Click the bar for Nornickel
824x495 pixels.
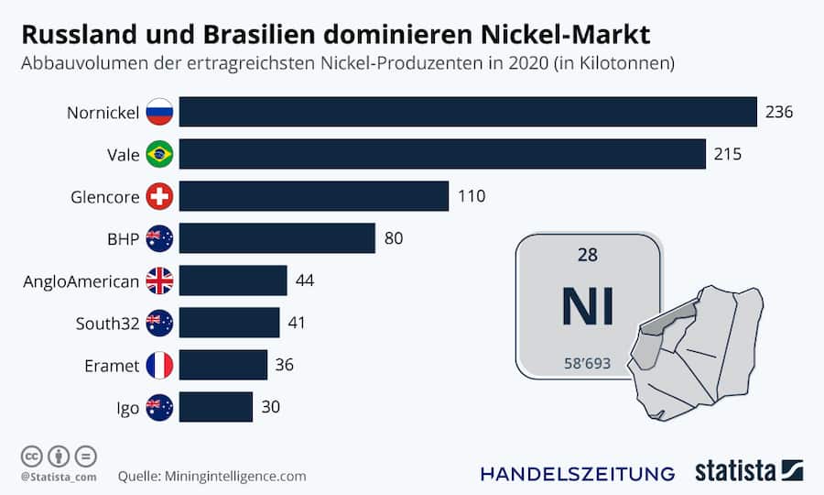pyautogui.click(x=468, y=112)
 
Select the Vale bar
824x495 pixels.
pyautogui.click(x=442, y=154)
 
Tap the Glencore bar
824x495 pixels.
pyautogui.click(x=314, y=196)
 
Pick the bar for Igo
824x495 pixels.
pyautogui.click(x=216, y=407)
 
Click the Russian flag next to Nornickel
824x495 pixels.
pyautogui.click(x=159, y=112)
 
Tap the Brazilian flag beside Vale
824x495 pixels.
pyautogui.click(x=159, y=154)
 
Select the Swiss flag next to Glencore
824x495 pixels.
pyautogui.click(x=159, y=196)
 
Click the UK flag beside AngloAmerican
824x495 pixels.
pyautogui.click(x=159, y=280)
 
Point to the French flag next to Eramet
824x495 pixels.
pyautogui.click(x=159, y=365)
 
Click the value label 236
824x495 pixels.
pyautogui.click(x=778, y=112)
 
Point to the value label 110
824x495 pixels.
pyautogui.click(x=471, y=196)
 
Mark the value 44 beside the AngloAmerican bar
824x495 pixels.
pyautogui.click(x=305, y=280)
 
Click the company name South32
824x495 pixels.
pyautogui.click(x=108, y=323)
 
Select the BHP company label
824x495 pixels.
pyautogui.click(x=123, y=238)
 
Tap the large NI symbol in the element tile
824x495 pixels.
pyautogui.click(x=587, y=307)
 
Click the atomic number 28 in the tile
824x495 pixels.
pyautogui.click(x=587, y=256)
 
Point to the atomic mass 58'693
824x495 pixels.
pyautogui.click(x=587, y=363)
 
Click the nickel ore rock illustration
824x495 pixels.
pyautogui.click(x=700, y=353)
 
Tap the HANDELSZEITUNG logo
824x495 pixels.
pyautogui.click(x=578, y=473)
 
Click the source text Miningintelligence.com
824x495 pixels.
pyautogui.click(x=235, y=476)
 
